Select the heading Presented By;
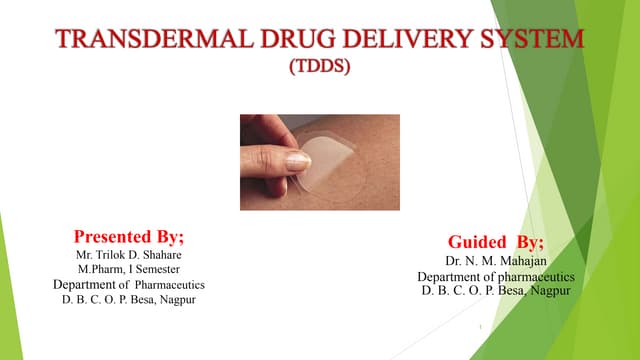click(129, 237)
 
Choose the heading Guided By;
click(495, 242)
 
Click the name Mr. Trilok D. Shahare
click(129, 255)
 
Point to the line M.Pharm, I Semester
click(129, 269)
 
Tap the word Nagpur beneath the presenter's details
click(175, 299)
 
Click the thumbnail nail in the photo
click(297, 161)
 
